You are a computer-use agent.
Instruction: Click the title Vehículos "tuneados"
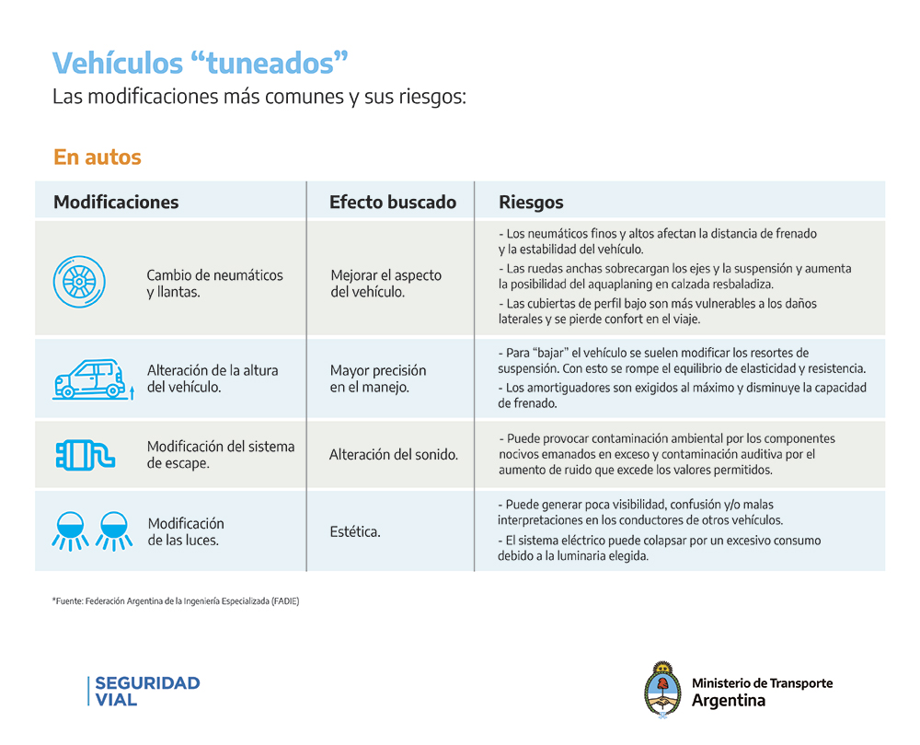[201, 63]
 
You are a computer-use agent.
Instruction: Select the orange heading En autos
[98, 157]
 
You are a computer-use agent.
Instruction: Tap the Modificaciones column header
[116, 203]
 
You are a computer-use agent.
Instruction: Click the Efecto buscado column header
[393, 203]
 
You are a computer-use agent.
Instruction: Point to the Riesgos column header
[531, 203]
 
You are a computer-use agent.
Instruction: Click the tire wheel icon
[78, 282]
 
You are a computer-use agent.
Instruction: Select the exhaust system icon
[85, 454]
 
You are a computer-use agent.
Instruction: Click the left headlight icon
[67, 531]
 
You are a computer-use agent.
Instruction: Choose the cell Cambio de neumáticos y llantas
[215, 284]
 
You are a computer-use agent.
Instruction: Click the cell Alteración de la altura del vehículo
[213, 378]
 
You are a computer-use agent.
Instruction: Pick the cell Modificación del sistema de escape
[221, 454]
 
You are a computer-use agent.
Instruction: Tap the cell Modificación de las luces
[186, 531]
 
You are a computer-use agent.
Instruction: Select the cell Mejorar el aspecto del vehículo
[385, 284]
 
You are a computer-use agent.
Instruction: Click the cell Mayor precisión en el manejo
[378, 378]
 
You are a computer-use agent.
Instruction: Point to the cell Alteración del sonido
[394, 455]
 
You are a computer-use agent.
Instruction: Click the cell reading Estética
[355, 532]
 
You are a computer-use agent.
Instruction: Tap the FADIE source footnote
[176, 601]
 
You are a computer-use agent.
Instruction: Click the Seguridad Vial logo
[145, 691]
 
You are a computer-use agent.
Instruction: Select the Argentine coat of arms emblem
[661, 690]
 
